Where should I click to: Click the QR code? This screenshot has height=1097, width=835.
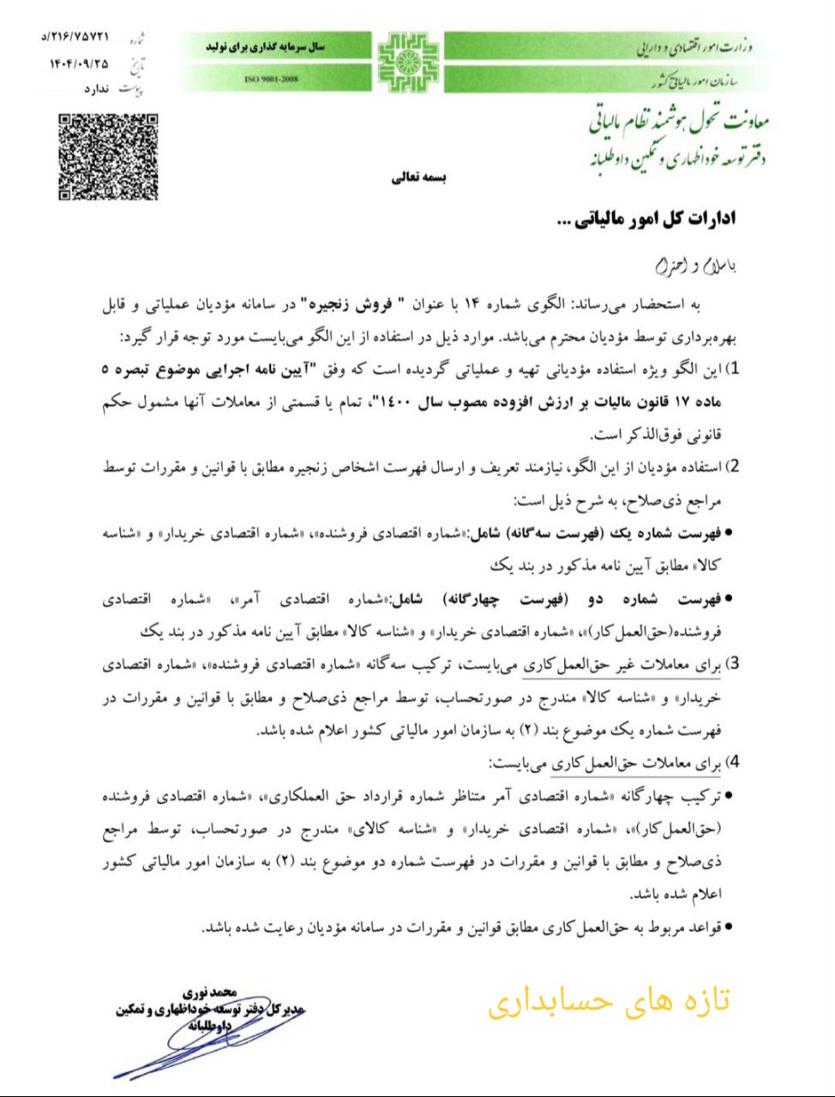(x=108, y=157)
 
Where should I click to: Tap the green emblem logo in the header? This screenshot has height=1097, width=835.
(x=408, y=63)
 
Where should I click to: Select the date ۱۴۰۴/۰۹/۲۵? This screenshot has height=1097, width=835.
(x=79, y=63)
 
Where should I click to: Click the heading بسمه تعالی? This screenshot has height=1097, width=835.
(x=419, y=177)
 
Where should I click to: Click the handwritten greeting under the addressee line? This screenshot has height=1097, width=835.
(x=695, y=267)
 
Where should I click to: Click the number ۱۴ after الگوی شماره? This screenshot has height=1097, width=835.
(x=471, y=304)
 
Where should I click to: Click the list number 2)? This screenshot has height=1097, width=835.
(x=731, y=468)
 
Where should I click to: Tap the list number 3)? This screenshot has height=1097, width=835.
(x=731, y=664)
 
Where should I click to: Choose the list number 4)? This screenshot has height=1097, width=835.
(x=731, y=762)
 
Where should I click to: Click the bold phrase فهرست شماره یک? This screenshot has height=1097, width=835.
(x=664, y=534)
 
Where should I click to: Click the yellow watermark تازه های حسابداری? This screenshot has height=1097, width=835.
(x=609, y=1001)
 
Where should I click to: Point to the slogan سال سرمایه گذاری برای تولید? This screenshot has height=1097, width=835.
(x=266, y=46)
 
